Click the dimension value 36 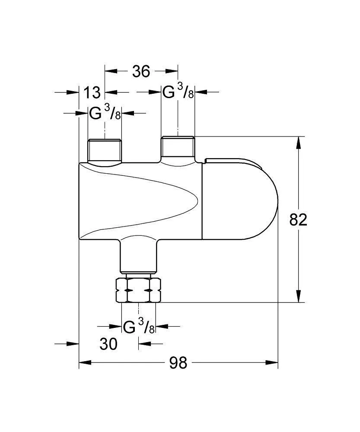(141, 71)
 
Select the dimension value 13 (92, 92)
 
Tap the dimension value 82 (298, 220)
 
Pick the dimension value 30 (108, 344)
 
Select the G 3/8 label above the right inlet (178, 92)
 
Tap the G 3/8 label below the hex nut (139, 326)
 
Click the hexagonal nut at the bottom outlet (138, 290)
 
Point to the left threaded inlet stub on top (105, 150)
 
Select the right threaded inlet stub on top (178, 147)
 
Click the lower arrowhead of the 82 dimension (299, 296)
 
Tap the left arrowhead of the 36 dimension (111, 71)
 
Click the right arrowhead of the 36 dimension (172, 71)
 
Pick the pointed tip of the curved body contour (198, 199)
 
